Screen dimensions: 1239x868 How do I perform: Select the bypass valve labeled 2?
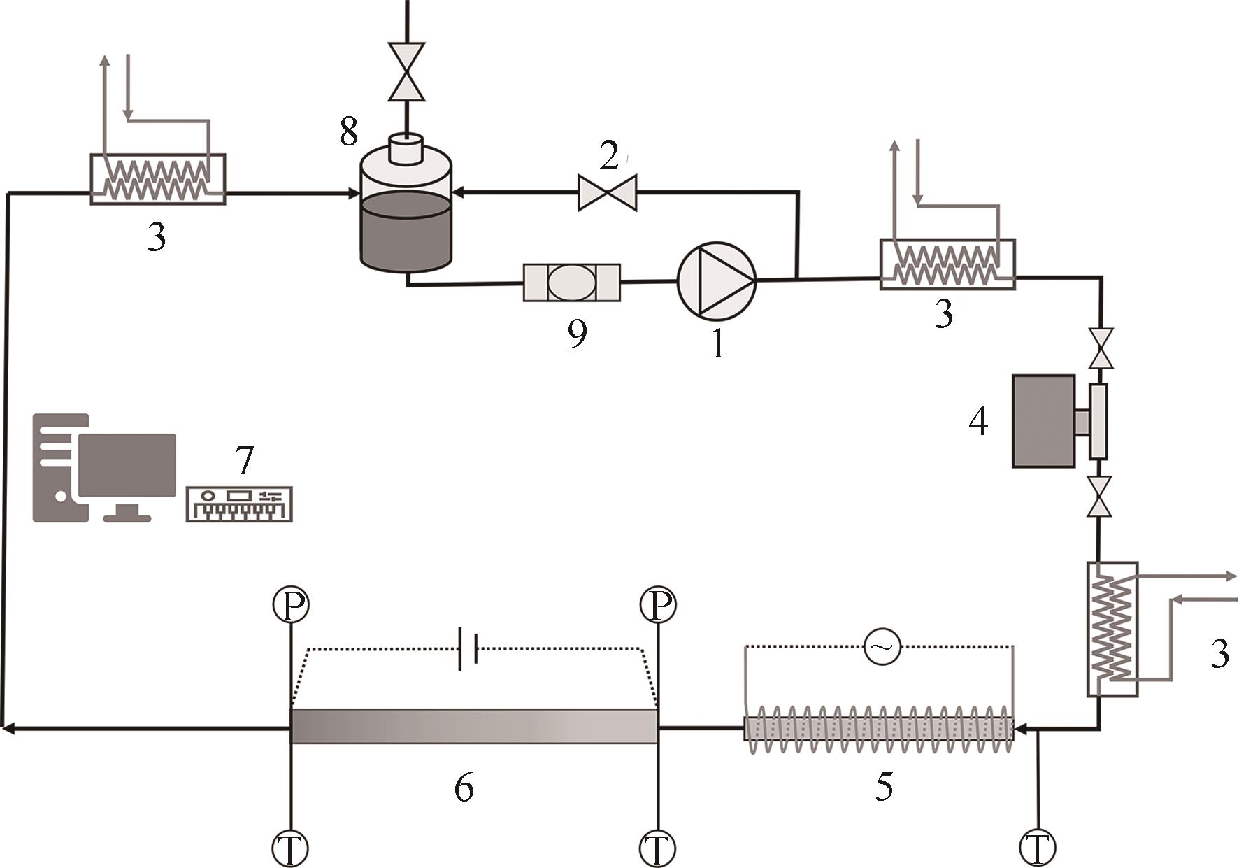(x=607, y=192)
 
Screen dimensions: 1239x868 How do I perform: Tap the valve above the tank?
(x=406, y=72)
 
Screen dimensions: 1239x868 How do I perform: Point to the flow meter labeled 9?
(x=571, y=283)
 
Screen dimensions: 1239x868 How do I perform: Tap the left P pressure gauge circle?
(x=290, y=604)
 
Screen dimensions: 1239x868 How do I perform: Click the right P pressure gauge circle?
(x=657, y=604)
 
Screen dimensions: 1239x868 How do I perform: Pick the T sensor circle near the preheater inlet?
(x=1038, y=848)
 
